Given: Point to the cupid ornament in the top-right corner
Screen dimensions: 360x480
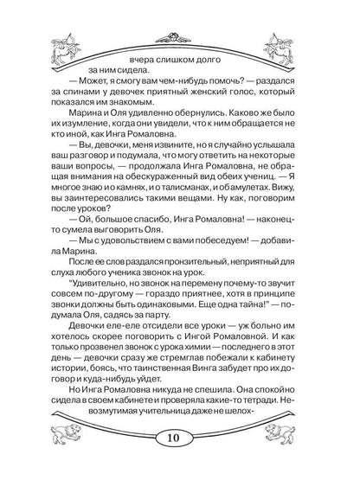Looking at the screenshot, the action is (318, 39).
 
